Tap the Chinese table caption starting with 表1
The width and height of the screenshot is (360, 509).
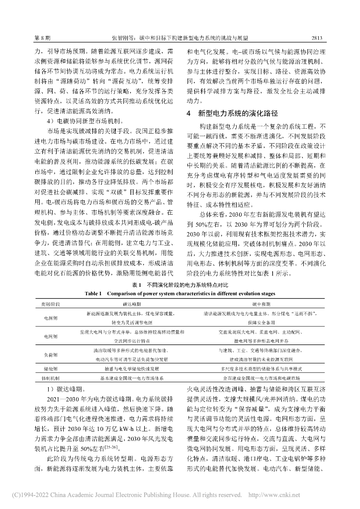coord(180,285)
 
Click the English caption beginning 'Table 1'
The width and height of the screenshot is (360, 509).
coord(180,293)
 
